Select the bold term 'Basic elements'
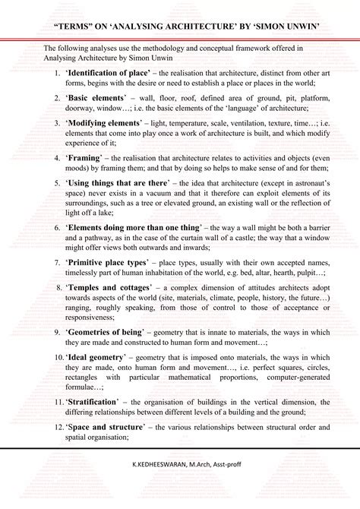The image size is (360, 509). pos(90,99)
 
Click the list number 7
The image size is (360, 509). pos(56,262)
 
